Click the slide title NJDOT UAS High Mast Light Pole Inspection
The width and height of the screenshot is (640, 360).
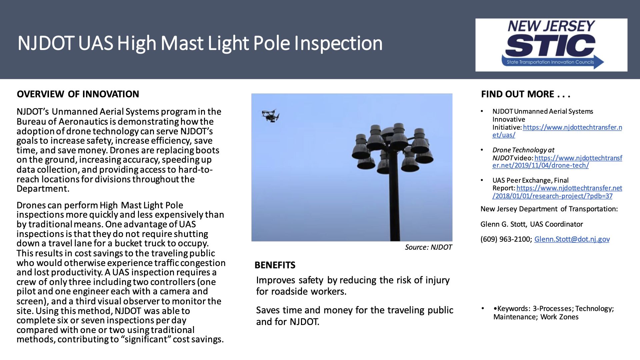click(200, 43)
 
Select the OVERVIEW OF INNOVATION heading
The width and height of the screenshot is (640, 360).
click(78, 94)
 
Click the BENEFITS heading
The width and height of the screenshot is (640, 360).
click(275, 265)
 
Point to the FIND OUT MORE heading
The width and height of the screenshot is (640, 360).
click(526, 94)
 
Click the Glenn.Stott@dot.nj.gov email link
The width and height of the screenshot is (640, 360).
click(572, 239)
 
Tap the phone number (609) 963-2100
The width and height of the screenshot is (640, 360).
click(505, 239)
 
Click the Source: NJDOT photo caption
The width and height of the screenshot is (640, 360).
click(428, 247)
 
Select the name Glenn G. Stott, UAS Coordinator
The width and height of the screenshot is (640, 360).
click(532, 224)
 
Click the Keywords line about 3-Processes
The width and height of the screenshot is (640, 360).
click(553, 309)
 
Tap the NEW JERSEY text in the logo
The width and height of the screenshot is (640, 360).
click(551, 26)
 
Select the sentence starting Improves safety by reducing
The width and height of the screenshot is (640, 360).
click(353, 286)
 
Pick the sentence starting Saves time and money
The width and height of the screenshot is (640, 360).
click(354, 316)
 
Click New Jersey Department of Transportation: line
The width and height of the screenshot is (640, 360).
click(549, 209)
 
